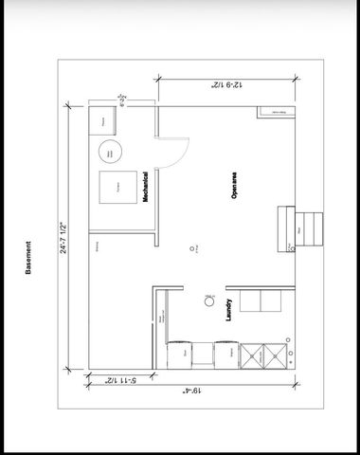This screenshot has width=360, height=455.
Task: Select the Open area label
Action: coord(233,185)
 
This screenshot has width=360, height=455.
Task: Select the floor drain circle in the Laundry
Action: coord(208,302)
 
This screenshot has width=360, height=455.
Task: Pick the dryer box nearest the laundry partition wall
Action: coord(183,356)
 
